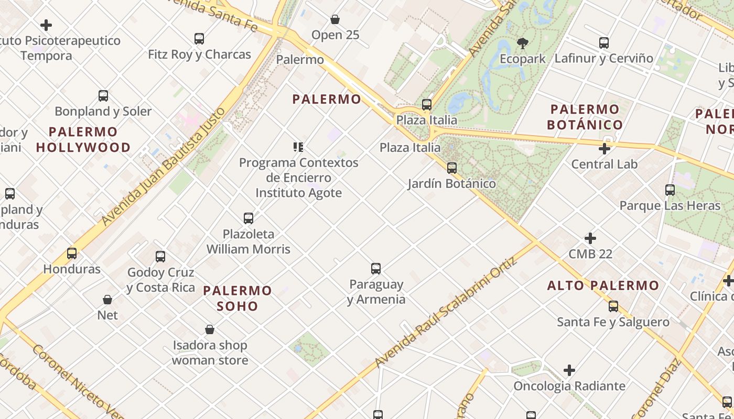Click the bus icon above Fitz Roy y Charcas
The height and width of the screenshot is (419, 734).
(x=199, y=38)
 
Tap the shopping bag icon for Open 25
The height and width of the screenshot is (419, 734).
(x=335, y=19)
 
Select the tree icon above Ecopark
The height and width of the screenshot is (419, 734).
(x=522, y=43)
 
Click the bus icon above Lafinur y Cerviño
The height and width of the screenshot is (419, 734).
(x=604, y=42)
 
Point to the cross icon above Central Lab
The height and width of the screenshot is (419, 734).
(x=604, y=149)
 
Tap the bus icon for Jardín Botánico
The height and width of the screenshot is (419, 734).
(x=451, y=168)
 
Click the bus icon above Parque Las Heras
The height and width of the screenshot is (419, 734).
(x=670, y=190)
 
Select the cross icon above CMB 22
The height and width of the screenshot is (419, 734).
(x=590, y=238)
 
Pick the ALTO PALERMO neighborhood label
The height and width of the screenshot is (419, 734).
(x=603, y=285)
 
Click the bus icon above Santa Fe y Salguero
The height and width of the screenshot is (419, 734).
(x=613, y=306)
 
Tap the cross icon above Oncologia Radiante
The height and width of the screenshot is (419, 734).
(x=569, y=371)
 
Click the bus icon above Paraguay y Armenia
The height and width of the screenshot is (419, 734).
(x=376, y=269)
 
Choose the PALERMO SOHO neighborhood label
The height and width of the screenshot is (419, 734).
(x=238, y=298)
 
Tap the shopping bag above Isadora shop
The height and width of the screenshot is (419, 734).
(x=210, y=329)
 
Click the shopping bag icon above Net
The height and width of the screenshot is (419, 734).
(x=107, y=300)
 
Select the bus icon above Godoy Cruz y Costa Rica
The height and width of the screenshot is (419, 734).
(x=160, y=257)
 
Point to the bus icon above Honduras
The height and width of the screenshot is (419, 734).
(x=72, y=253)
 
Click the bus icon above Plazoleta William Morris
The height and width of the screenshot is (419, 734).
(x=249, y=218)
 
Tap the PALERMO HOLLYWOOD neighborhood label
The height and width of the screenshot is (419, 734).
(x=83, y=139)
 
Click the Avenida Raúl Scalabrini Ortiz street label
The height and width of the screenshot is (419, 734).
(x=446, y=313)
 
